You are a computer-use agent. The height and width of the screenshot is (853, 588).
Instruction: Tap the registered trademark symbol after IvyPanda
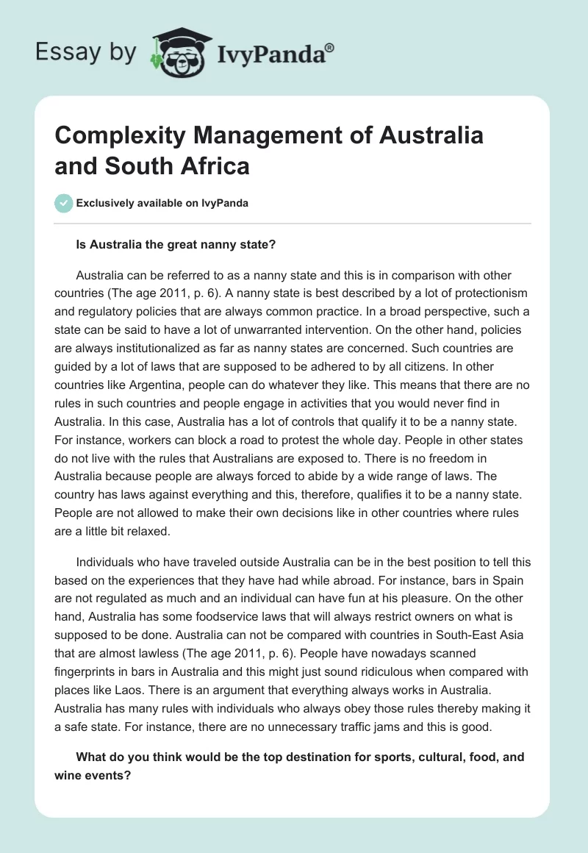coord(331,47)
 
